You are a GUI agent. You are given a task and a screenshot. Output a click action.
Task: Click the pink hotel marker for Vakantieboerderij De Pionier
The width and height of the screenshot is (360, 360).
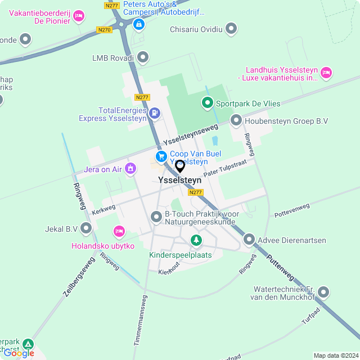79,15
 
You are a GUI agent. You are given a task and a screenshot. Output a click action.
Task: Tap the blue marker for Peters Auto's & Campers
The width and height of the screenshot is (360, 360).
138,24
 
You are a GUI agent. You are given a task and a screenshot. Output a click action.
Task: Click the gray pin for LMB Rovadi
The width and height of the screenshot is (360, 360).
143,57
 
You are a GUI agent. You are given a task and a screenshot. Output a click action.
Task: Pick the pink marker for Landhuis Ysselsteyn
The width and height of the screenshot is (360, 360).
326,72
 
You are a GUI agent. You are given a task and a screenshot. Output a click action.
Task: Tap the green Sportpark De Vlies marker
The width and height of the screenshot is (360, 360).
208,103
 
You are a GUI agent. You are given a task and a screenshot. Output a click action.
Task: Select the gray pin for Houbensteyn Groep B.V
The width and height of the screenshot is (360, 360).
236,120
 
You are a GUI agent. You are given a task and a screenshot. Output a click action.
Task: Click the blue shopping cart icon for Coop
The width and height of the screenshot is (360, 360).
161,156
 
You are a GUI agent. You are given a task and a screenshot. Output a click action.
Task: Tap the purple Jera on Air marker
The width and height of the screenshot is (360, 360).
130,168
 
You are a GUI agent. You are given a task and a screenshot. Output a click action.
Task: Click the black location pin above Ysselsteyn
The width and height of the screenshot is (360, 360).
180,166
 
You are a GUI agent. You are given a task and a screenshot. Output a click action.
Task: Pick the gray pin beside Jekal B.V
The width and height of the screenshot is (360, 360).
86,228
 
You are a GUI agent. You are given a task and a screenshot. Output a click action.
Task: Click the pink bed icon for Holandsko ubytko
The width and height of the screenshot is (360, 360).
118,231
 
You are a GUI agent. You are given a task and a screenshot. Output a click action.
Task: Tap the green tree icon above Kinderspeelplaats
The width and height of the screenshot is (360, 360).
196,241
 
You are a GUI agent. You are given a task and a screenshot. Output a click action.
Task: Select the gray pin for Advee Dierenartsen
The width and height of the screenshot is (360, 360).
249,240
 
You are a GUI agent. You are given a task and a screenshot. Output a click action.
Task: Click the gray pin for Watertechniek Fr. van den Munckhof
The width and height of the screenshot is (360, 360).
323,292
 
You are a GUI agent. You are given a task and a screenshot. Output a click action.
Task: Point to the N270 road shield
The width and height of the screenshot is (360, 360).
104,30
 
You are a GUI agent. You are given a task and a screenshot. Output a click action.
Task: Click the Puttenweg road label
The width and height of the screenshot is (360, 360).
280,269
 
